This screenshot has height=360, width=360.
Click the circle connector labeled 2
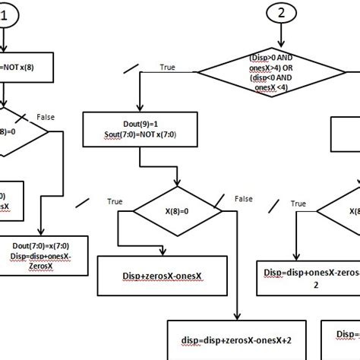(x=282, y=12)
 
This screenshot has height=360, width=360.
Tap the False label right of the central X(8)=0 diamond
(x=243, y=198)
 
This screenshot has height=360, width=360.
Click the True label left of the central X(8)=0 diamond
(x=115, y=202)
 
